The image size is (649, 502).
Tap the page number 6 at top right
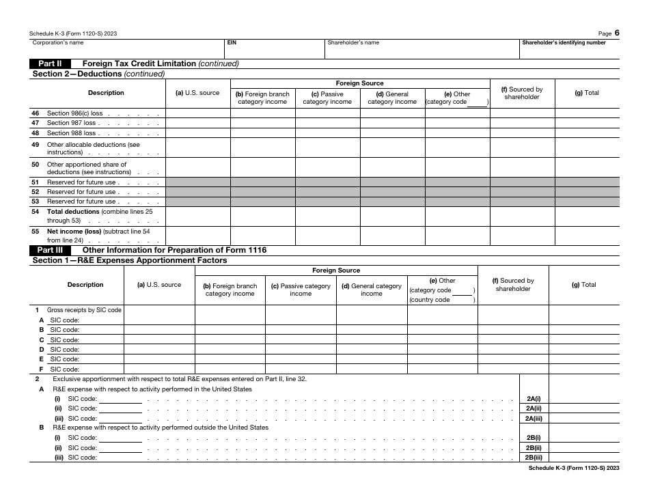tap(616, 33)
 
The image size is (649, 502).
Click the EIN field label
tap(232, 42)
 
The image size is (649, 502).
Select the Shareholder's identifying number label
tap(564, 42)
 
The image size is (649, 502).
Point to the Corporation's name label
tap(58, 42)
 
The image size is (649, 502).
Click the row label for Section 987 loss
tap(71, 123)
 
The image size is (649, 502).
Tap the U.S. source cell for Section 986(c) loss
tap(197, 113)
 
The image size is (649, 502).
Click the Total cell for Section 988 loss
tap(587, 133)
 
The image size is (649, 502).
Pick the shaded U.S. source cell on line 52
tap(197, 192)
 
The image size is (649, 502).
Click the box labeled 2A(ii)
tap(534, 408)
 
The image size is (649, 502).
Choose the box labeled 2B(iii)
tap(534, 458)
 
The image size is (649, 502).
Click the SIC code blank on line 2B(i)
tap(120, 438)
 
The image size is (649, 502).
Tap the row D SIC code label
tap(64, 349)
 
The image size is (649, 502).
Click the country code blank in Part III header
tap(462, 299)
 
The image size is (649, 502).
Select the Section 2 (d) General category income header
tap(392, 98)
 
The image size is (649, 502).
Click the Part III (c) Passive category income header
tap(300, 290)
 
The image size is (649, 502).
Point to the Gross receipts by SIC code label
tap(83, 310)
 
